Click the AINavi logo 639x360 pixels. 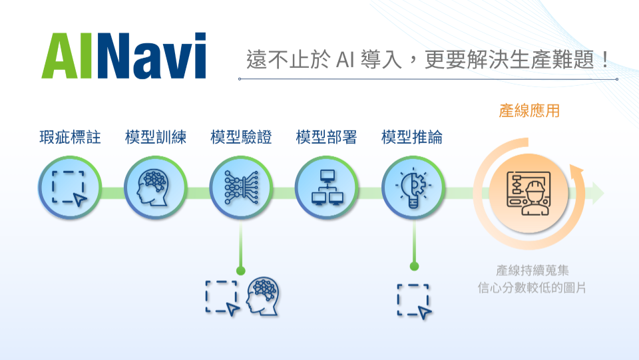124,56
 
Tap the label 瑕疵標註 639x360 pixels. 70,137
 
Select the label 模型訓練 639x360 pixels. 156,137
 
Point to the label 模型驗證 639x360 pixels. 241,137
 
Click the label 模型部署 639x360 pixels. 326,137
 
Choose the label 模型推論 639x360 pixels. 412,137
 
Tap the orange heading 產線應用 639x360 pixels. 529,110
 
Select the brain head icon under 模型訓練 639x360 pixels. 153,188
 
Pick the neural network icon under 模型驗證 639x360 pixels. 241,188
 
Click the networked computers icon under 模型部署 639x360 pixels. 327,188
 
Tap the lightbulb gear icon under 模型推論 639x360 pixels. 413,188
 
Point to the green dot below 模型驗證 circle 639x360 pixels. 241,270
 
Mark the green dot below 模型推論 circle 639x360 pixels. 415,266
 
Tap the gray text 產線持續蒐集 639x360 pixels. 532,270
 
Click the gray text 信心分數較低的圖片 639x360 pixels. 532,288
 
